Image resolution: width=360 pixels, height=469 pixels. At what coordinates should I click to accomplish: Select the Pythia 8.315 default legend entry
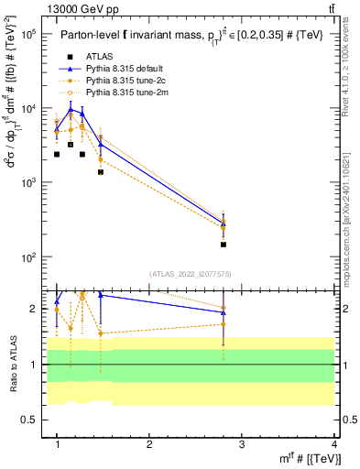pos(134,70)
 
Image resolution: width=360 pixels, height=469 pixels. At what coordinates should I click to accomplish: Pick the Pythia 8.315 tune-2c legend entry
pos(134,81)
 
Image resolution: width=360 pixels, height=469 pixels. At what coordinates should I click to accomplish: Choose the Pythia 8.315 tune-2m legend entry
pos(134,92)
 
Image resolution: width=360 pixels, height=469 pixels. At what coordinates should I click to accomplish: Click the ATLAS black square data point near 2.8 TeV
pos(224,245)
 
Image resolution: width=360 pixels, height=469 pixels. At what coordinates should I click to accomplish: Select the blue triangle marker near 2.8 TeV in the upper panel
pos(224,222)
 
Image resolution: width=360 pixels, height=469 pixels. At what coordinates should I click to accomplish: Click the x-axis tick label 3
pos(242,444)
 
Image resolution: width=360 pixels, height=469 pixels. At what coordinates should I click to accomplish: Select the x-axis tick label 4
pos(333,444)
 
